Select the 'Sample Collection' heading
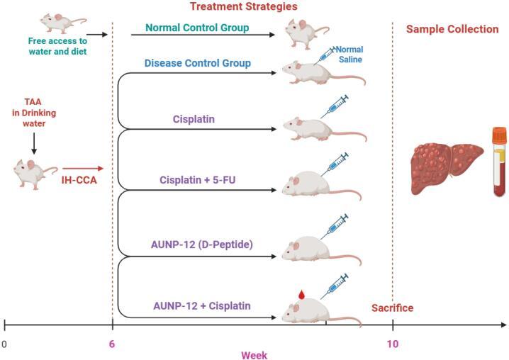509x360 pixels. click(452, 29)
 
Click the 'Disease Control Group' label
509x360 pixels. click(198, 63)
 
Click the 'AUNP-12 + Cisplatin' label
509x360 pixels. click(201, 306)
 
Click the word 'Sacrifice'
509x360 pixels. click(392, 308)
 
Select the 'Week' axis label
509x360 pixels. click(254, 354)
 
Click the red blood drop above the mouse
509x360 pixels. click(301, 293)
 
